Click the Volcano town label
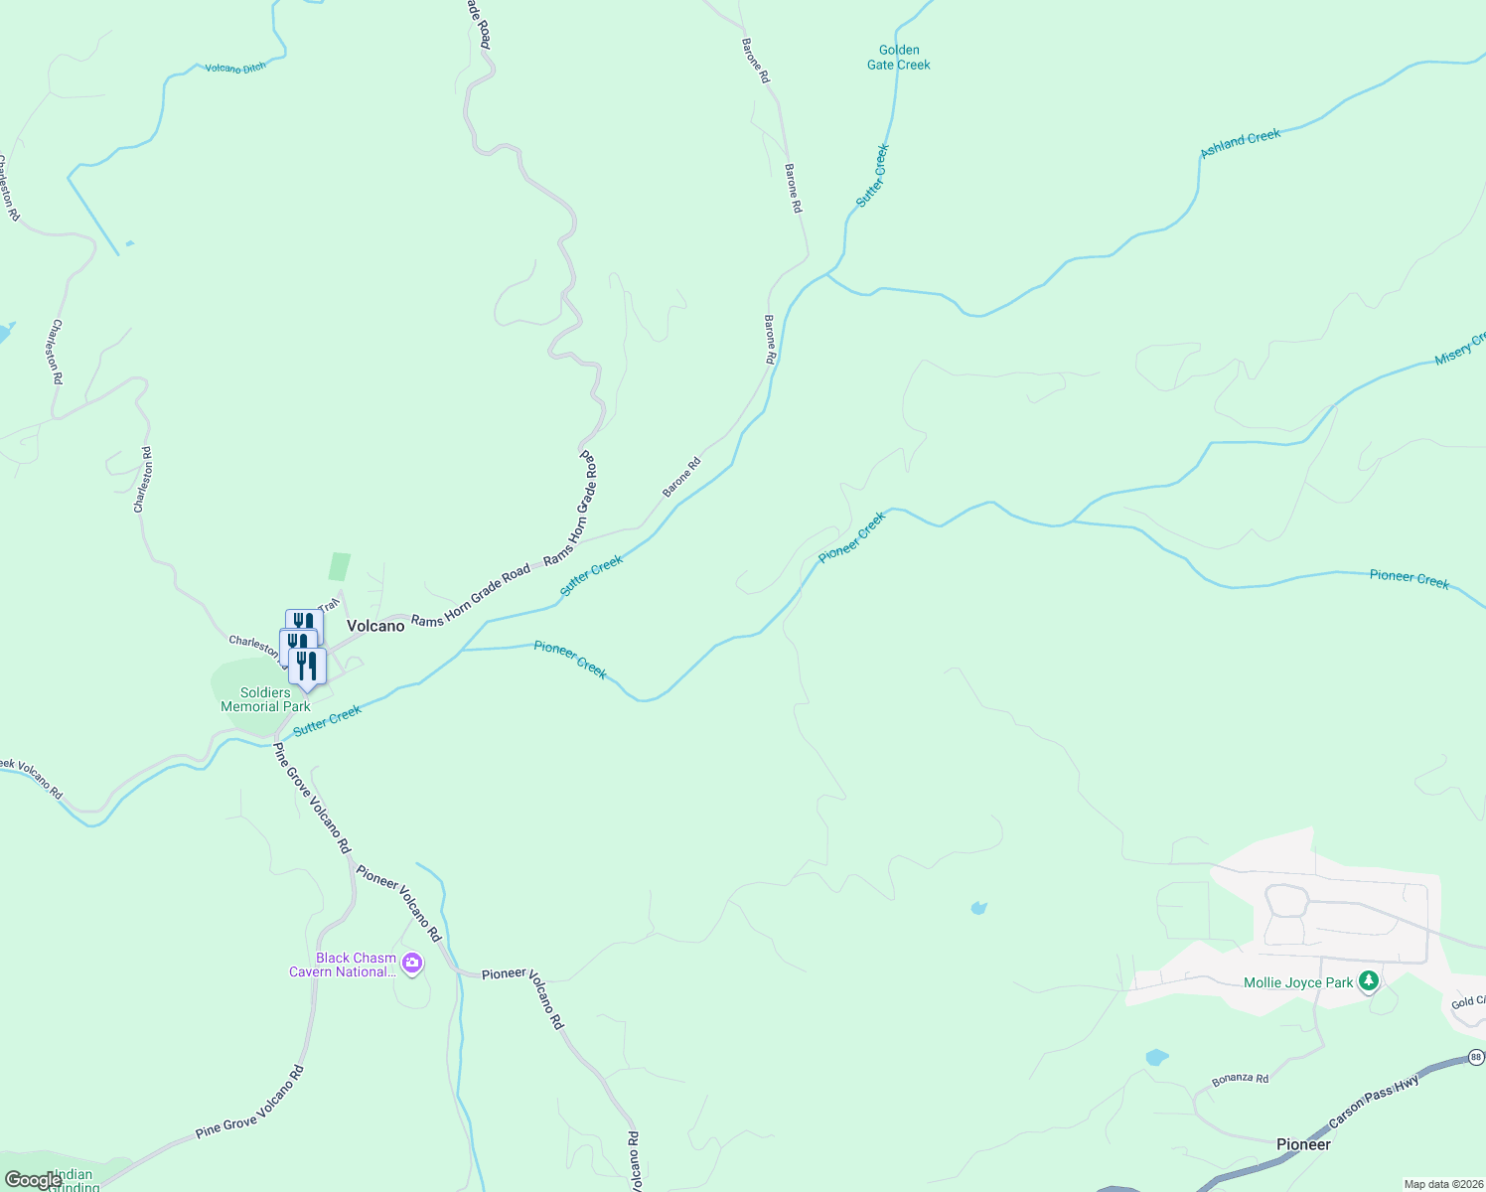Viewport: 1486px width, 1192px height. pos(375,626)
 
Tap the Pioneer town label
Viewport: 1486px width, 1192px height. pos(1303,1144)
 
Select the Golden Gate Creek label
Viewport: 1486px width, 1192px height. pos(899,58)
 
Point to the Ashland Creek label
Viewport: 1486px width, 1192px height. pos(1241,143)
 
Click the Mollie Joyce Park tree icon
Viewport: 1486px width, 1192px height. pos(1369,981)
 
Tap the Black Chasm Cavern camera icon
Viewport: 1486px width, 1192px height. pos(412,963)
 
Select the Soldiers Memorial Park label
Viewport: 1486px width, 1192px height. pos(265,699)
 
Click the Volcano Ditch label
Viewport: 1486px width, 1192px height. pos(235,69)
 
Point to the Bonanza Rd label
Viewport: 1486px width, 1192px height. pos(1240,1079)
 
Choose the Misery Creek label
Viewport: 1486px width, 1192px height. pos(1459,350)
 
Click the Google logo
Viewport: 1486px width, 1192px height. pos(33,1180)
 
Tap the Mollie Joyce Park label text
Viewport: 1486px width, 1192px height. pos(1298,982)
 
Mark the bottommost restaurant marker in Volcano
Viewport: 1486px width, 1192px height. pos(307,666)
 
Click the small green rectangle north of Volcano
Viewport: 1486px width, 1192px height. pos(340,566)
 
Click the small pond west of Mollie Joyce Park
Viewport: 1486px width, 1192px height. pos(979,908)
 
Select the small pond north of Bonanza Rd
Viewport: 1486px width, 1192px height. pos(1156,1057)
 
